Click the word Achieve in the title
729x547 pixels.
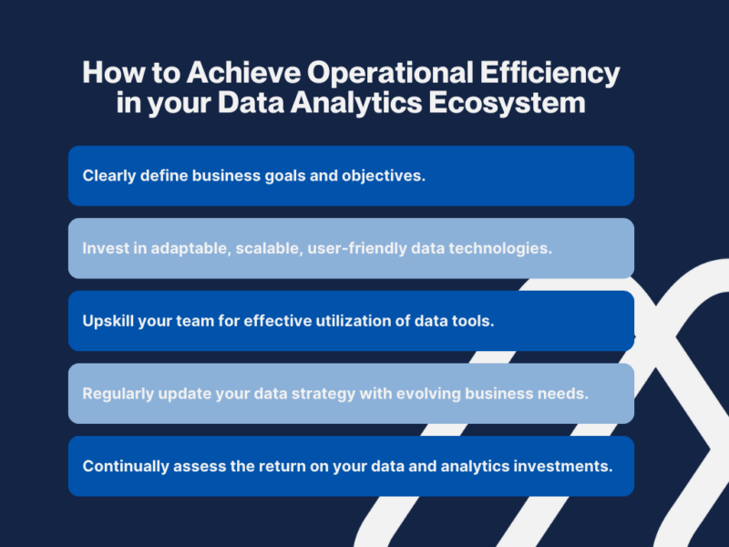click(x=243, y=73)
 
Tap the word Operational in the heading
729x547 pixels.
click(x=390, y=74)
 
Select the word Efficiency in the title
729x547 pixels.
click(x=550, y=74)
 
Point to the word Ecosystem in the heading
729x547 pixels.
click(x=507, y=103)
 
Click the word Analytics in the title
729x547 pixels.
click(x=356, y=103)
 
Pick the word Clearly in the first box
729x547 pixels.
click(x=108, y=176)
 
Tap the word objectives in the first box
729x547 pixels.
click(x=384, y=176)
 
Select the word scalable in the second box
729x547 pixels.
click(x=269, y=248)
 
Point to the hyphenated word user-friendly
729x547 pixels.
click(x=357, y=248)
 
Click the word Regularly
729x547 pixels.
click(x=118, y=394)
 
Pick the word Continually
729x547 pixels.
click(x=126, y=466)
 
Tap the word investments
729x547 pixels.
click(x=563, y=466)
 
